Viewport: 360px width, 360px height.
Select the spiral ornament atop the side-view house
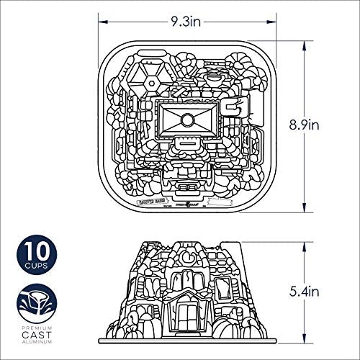[x=189, y=256]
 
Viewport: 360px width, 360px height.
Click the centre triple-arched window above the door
[x=189, y=282]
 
